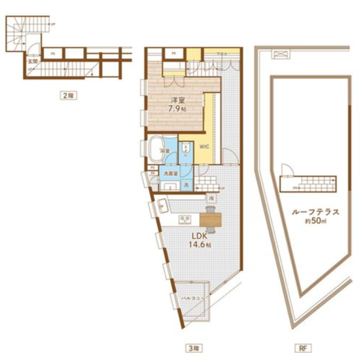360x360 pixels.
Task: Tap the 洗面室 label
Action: (170, 173)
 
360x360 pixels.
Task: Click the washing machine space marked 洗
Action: (186, 185)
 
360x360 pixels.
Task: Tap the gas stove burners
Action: (185, 219)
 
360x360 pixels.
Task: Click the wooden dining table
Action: (211, 219)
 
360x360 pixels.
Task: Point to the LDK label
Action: (199, 235)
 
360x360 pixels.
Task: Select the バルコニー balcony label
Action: (192, 297)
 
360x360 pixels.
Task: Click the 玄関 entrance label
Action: (32, 61)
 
